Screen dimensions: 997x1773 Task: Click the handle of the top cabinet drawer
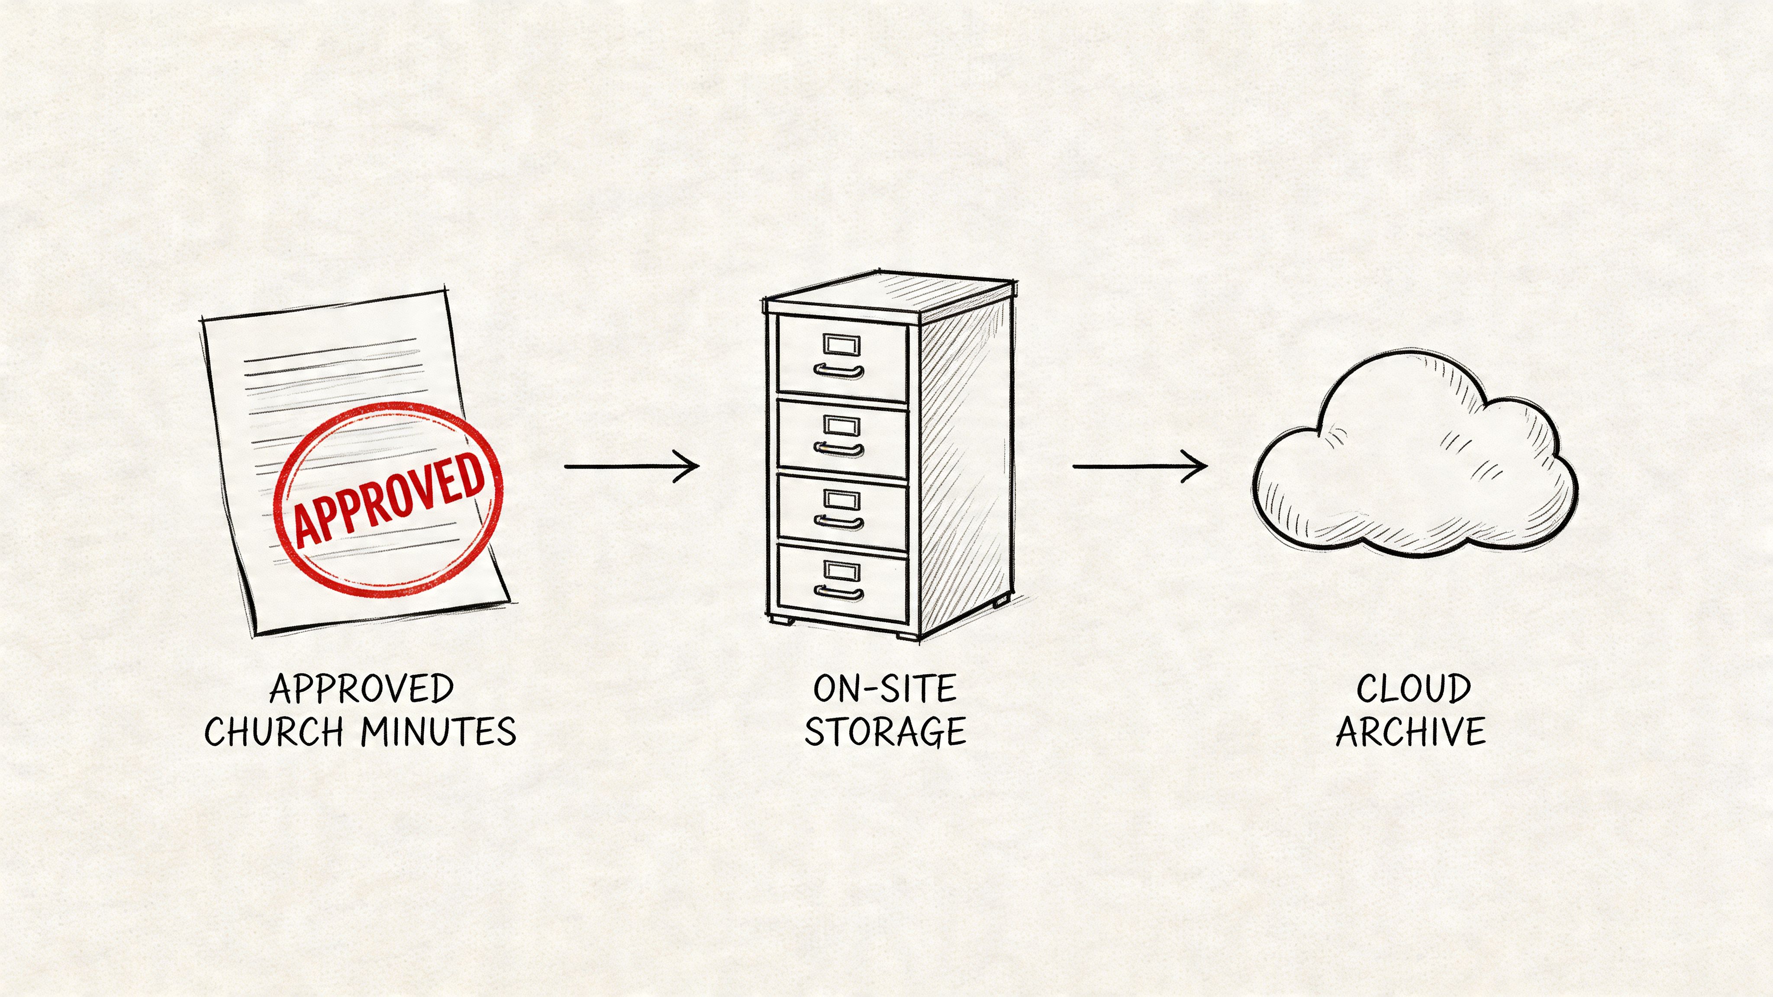tap(838, 372)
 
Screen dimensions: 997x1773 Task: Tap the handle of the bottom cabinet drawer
tap(838, 592)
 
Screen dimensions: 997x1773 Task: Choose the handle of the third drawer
tap(838, 521)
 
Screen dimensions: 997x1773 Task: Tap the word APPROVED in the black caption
tap(361, 689)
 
